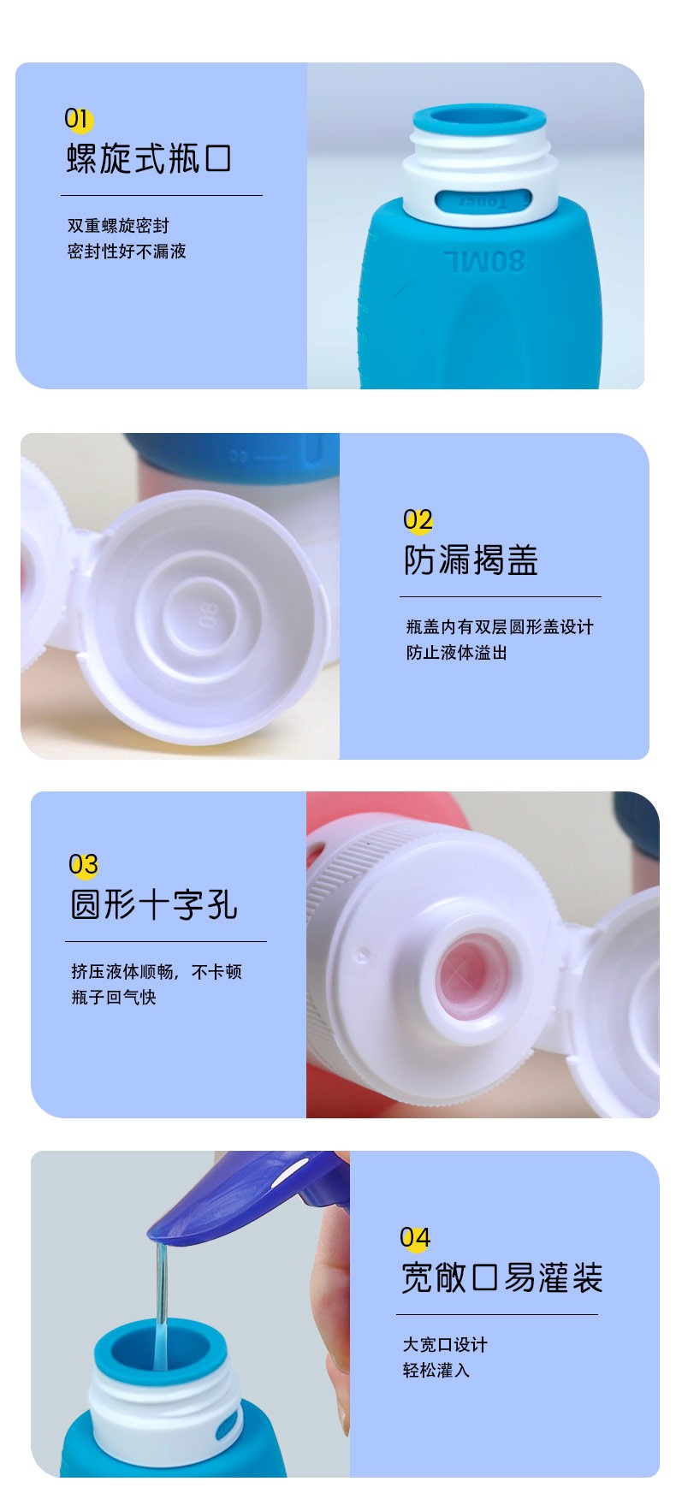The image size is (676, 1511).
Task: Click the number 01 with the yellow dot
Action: coord(77,119)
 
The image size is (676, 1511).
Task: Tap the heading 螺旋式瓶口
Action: coord(149,159)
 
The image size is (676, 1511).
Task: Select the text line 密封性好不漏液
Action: coord(127,252)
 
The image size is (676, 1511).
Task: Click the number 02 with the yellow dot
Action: coord(418,519)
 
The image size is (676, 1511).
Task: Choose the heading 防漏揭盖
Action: coord(471,560)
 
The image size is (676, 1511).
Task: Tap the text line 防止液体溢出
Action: coord(457,653)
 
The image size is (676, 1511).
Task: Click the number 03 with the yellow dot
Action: coord(84,864)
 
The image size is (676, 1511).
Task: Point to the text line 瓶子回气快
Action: coord(114,998)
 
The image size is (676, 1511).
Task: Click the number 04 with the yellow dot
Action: coord(415,1237)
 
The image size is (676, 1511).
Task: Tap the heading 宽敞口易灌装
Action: coord(502,1278)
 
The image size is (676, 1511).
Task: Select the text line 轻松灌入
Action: coord(436,1371)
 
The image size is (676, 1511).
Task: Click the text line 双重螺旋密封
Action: coord(118,226)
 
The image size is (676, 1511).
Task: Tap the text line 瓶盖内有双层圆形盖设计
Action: coord(500,627)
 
